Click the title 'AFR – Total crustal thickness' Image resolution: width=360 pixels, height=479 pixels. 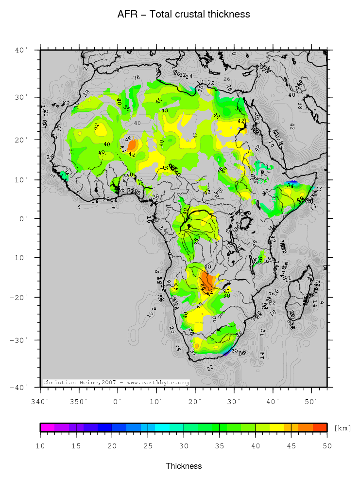coord(184,15)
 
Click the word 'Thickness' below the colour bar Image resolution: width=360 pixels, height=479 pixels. coord(184,466)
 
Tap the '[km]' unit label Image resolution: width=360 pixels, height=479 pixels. coord(343,428)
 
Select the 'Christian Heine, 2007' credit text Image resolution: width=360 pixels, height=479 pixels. coord(116,383)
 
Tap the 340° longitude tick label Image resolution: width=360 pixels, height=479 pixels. coord(40,401)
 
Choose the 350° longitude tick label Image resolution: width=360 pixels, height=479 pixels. coord(79,401)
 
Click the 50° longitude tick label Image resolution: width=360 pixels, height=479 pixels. coord(311,401)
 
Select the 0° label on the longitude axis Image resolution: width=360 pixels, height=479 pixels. coord(118,401)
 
